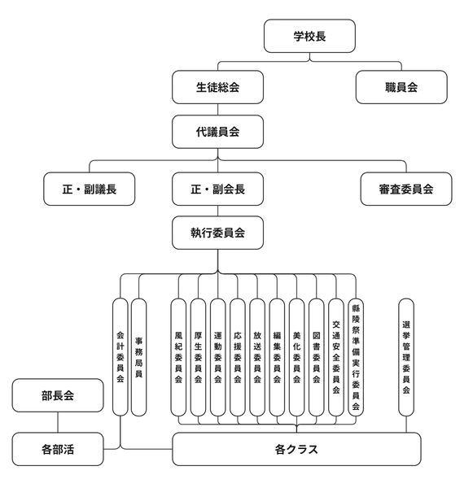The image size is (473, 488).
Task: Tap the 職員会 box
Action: point(401,87)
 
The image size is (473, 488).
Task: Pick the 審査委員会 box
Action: point(405,189)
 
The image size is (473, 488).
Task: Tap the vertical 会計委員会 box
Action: point(120,357)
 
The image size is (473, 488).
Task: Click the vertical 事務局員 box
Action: point(139,357)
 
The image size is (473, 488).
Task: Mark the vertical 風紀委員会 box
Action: point(178,357)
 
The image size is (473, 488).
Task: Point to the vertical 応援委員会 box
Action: point(237,357)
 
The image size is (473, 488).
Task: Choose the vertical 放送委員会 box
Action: point(256,357)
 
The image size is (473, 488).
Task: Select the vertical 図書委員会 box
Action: point(316,357)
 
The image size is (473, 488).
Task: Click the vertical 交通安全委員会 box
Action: point(335,357)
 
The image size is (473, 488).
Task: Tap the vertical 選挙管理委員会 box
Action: point(405,357)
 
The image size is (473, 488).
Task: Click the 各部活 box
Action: point(58,448)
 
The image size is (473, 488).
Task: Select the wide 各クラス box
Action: point(296,449)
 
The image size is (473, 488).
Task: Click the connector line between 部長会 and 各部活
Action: point(58,422)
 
